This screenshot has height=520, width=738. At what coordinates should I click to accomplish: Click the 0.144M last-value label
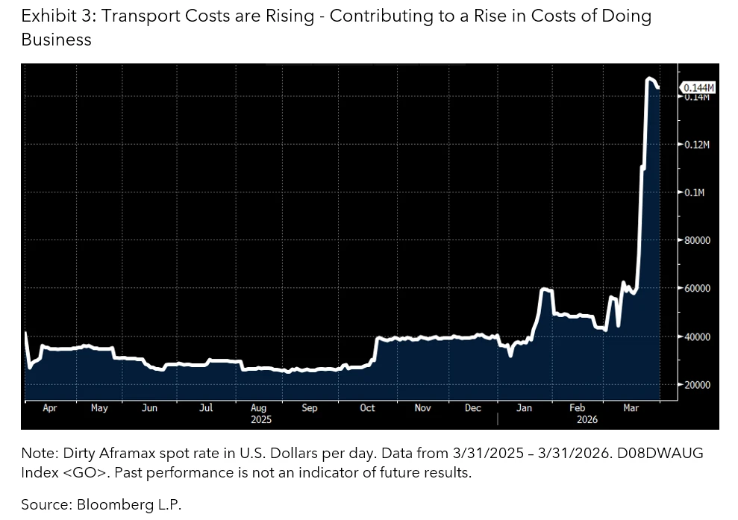coord(698,88)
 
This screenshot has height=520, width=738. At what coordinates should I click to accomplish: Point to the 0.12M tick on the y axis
coord(697,144)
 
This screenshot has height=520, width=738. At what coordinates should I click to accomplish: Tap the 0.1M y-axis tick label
coord(694,192)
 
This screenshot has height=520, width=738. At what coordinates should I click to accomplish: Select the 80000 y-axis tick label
coord(697,240)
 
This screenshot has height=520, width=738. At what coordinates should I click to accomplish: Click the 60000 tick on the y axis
coord(697,289)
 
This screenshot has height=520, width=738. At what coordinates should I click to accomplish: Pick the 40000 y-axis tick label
coord(697,336)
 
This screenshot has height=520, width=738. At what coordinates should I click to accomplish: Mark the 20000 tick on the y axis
coord(697,385)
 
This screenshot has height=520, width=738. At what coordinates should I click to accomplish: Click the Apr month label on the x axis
coord(49,408)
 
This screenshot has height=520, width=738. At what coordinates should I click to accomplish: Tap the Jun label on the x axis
coord(149,408)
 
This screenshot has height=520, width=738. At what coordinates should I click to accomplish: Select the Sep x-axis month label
coord(309,408)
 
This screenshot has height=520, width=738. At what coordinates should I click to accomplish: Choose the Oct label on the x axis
coord(367,408)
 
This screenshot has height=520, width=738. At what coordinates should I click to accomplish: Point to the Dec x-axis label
coord(472,408)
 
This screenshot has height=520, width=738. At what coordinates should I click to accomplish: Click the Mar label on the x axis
coord(631,408)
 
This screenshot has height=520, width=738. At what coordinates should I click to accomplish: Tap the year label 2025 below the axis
coord(261,419)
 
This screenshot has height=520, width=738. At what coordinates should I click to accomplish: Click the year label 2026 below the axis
coord(587,419)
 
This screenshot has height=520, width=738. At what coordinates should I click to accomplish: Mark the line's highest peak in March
coord(649,78)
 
